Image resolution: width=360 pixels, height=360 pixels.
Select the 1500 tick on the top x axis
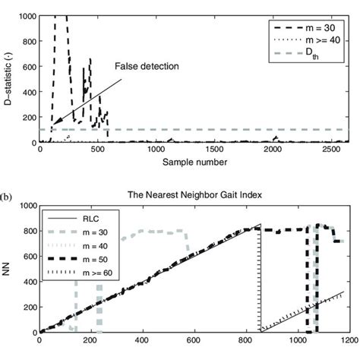point(210,151)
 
